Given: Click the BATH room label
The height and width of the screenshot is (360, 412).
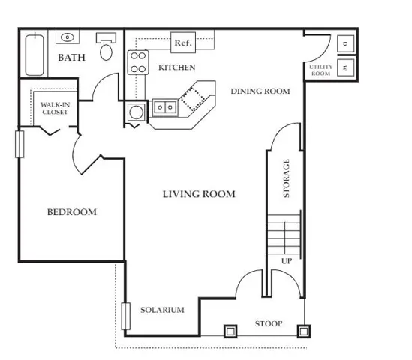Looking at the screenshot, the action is [71, 58].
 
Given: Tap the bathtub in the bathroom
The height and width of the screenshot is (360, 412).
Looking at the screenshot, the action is [35, 55].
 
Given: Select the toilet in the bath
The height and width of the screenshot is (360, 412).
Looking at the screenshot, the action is [106, 47].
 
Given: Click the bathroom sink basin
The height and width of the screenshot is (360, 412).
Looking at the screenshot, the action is [68, 37].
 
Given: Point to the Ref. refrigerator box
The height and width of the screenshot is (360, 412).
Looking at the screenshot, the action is [183, 43].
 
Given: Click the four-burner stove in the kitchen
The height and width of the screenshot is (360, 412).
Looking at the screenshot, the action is [138, 62].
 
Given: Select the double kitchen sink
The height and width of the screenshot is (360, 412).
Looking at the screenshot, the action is [165, 107].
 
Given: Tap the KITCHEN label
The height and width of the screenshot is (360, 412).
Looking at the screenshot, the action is [177, 67].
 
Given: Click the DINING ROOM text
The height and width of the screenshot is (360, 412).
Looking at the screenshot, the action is [260, 91].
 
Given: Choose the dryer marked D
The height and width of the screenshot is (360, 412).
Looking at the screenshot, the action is [345, 43].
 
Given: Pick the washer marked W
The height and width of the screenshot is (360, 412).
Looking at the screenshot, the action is [345, 67].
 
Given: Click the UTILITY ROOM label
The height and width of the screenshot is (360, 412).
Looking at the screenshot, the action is [321, 70].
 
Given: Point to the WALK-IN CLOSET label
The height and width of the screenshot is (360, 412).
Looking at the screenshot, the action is [56, 108].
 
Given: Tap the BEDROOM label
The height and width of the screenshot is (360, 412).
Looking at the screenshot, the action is [72, 212].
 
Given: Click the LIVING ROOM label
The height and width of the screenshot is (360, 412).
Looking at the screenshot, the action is [199, 194].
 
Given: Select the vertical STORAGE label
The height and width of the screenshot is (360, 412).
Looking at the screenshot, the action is [286, 178].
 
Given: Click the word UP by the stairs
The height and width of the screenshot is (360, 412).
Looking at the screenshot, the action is [287, 261].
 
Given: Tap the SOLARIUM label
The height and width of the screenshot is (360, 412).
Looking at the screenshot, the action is [162, 310].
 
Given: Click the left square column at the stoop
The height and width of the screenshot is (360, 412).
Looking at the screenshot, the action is [230, 331].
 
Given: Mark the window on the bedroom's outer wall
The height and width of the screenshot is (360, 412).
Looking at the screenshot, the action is [20, 145].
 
